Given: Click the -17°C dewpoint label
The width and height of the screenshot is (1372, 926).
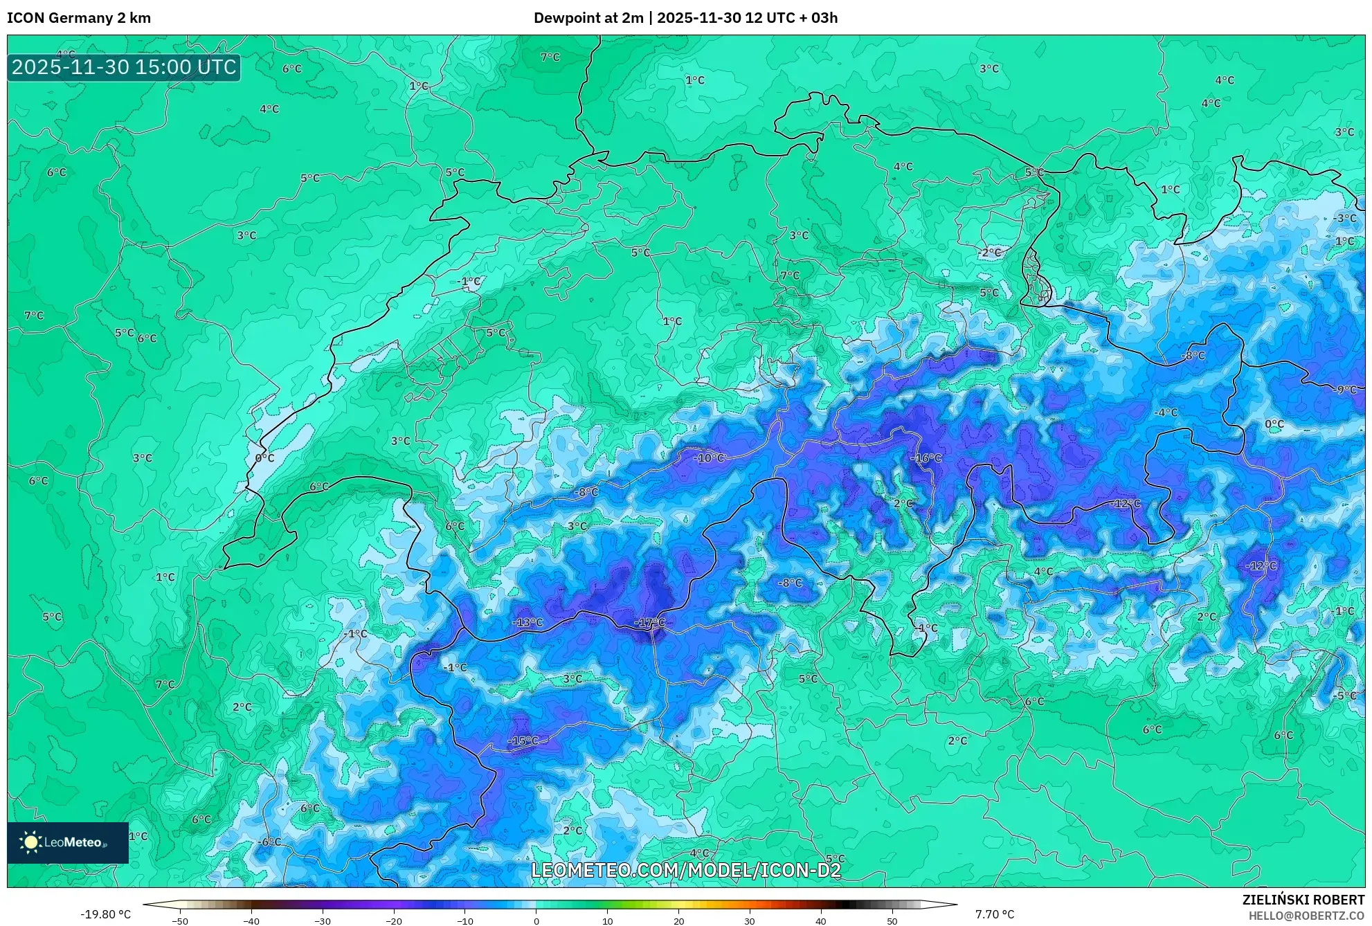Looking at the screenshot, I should (649, 623).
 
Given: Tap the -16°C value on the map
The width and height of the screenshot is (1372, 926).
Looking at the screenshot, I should (926, 458).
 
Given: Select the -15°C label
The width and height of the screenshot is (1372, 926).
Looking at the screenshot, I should (523, 741).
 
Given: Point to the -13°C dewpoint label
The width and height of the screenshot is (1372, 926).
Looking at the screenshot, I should (527, 622).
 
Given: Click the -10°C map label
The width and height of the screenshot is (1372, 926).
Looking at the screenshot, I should (709, 458).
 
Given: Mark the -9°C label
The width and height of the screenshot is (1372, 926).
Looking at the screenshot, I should (1344, 390).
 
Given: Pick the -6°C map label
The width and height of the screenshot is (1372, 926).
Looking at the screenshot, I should (269, 842).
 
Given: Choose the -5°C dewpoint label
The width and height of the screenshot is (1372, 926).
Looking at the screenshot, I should (1344, 696).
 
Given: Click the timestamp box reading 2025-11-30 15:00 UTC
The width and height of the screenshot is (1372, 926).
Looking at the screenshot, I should (124, 67).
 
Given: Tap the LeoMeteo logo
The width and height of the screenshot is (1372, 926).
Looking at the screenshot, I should (68, 842).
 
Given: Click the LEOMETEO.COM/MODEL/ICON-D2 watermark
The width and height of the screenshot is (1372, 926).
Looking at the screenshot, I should (685, 870).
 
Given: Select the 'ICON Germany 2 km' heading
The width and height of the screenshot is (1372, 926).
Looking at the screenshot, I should (79, 18).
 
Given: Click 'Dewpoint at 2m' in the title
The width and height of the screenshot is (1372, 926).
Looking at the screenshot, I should (588, 18).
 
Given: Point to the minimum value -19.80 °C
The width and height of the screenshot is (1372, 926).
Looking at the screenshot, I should (105, 914).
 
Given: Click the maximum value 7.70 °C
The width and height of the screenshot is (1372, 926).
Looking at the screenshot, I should (995, 914).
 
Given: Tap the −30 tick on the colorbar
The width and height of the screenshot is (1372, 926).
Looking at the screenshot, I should (323, 921).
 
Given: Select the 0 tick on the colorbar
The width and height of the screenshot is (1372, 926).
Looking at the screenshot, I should (536, 921).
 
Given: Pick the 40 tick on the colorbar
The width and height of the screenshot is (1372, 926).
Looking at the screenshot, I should (820, 921).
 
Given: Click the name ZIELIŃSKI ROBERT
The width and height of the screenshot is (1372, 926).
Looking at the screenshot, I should (1303, 900).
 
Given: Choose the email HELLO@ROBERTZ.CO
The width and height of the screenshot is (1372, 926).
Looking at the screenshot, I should (1306, 916).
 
